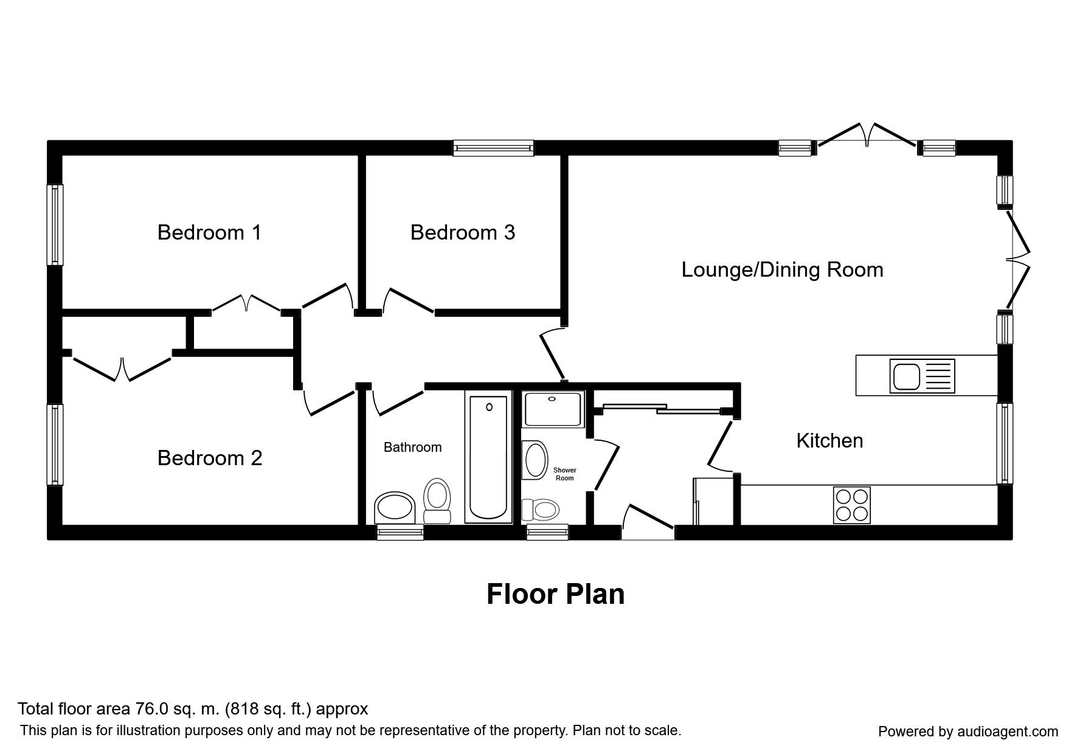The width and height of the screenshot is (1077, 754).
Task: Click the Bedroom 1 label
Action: point(209,232)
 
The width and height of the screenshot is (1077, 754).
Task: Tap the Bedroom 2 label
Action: point(209,458)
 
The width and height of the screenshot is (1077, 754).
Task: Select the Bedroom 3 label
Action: point(463,232)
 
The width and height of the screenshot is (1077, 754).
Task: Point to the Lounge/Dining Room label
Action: point(782,269)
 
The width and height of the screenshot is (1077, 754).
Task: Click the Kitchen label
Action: point(829,440)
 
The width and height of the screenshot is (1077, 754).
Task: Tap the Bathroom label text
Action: point(412,448)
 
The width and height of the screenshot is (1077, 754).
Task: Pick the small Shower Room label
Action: point(564,474)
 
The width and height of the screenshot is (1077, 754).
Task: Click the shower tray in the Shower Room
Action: point(553,408)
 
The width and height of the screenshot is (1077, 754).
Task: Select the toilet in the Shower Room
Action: point(541,510)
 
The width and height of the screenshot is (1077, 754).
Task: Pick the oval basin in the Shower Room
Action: point(535,460)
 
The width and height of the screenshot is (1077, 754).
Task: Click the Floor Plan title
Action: point(555,594)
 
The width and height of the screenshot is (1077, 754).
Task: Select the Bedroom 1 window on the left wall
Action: point(55,225)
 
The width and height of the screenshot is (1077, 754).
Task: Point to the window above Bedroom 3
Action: point(493,148)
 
